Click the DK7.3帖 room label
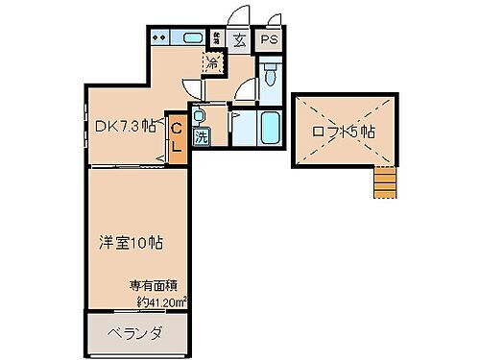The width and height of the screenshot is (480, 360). pyautogui.click(x=126, y=124)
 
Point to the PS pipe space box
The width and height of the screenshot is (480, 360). pyautogui.click(x=270, y=40)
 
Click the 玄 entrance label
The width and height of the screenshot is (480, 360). pyautogui.click(x=238, y=40)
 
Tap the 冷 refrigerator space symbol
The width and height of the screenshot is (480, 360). pyautogui.click(x=212, y=64)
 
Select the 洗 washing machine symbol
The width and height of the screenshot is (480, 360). pyautogui.click(x=202, y=136)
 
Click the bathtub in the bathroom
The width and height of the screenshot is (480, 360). pyautogui.click(x=270, y=126)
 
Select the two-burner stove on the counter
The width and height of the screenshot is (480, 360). pyautogui.click(x=160, y=39)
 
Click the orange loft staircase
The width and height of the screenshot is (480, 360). pyautogui.click(x=384, y=180)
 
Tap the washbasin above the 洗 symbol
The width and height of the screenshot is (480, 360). pyautogui.click(x=199, y=117)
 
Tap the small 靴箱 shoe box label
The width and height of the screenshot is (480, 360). pyautogui.click(x=217, y=39)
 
